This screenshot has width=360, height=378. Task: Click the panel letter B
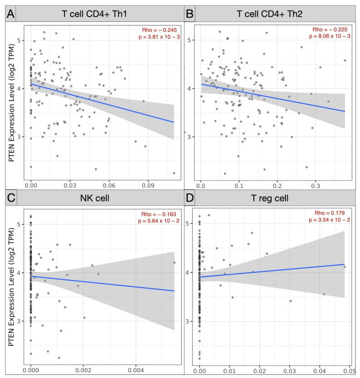188,14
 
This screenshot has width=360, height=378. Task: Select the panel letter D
188,198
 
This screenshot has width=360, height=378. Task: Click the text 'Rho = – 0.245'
160,30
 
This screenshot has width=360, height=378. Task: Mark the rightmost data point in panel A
174,173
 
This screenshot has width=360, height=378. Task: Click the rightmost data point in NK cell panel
174,262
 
